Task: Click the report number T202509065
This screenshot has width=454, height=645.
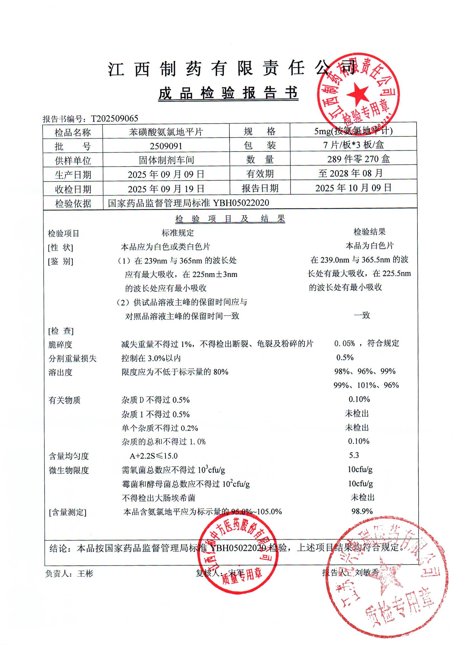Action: [114, 119]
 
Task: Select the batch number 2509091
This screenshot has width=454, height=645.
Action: [166, 146]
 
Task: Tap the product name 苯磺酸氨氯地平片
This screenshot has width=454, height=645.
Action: [166, 132]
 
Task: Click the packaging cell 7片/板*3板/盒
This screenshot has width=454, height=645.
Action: [353, 145]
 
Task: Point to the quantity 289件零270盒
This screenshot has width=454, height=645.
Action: [358, 159]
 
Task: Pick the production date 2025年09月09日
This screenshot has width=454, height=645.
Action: [166, 174]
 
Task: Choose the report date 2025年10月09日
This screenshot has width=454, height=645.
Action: [353, 188]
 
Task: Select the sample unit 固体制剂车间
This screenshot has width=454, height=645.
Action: [167, 160]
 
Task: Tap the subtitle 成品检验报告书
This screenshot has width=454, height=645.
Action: [228, 93]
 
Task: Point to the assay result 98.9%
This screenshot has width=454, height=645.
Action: [362, 511]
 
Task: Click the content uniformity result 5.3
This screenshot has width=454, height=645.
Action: [354, 455]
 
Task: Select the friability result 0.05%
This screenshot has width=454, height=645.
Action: [344, 343]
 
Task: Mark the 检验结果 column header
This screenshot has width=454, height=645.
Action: [369, 232]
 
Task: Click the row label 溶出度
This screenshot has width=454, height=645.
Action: [60, 372]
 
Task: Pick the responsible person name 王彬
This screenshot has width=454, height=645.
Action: [85, 574]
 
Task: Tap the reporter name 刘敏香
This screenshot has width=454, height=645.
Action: [367, 573]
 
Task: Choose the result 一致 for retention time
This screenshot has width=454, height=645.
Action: [362, 315]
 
